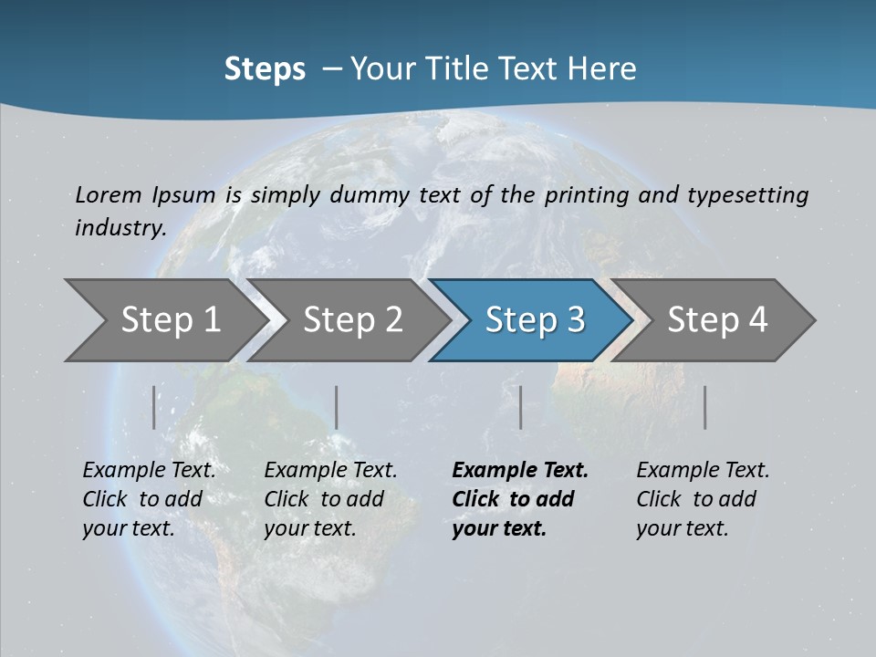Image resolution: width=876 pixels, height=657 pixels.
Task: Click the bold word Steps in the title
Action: [x=265, y=69]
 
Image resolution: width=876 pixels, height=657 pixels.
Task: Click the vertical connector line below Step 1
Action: [x=154, y=407]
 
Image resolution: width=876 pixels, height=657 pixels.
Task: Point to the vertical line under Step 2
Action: [x=337, y=407]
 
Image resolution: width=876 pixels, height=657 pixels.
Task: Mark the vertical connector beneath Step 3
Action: [x=520, y=407]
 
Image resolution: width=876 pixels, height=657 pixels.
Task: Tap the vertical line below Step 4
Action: [x=704, y=407]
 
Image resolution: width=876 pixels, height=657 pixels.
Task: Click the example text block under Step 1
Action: [x=149, y=499]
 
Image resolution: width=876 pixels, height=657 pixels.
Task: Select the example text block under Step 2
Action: [x=330, y=499]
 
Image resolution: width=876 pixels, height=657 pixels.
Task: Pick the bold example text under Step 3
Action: [x=520, y=499]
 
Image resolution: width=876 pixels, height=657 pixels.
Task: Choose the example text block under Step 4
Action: [x=703, y=499]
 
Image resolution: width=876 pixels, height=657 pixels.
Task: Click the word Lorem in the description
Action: [x=109, y=194]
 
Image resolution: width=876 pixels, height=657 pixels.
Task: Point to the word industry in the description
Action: [x=120, y=227]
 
